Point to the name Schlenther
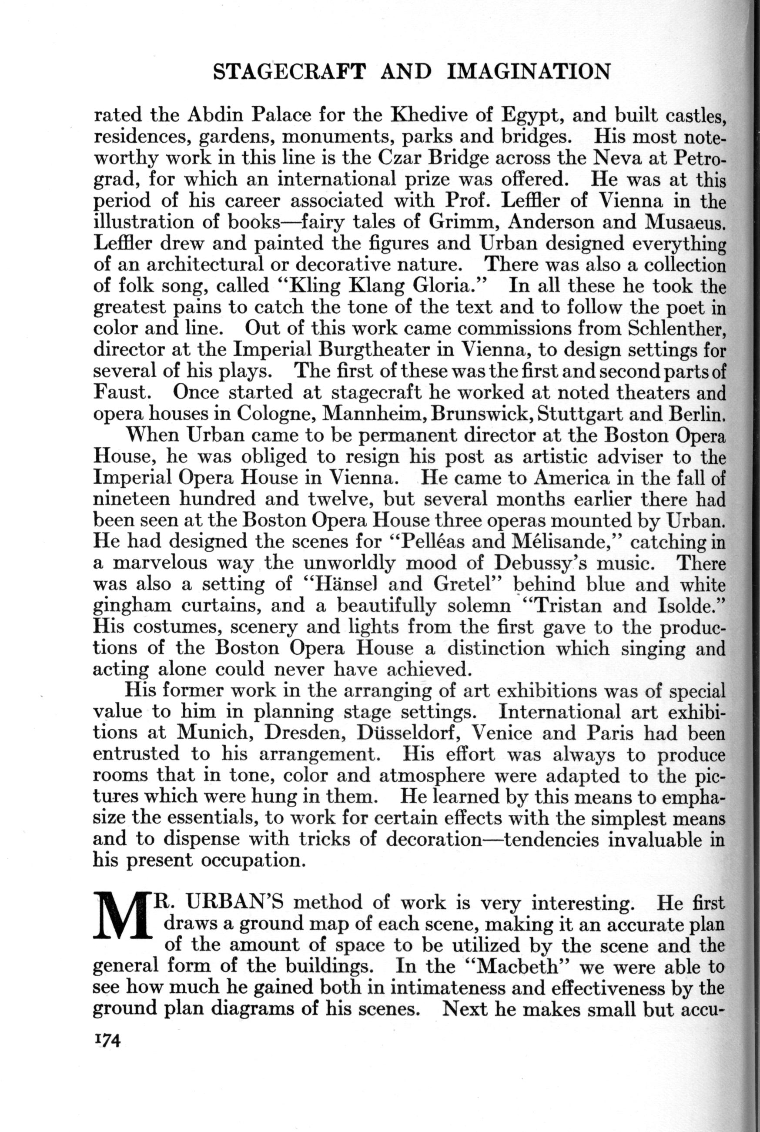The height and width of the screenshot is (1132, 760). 676,328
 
